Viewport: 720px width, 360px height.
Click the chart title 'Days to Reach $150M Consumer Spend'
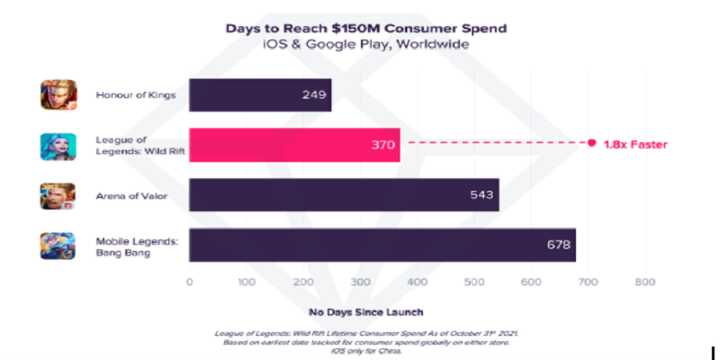pyautogui.click(x=365, y=28)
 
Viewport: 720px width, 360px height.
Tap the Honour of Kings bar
pyautogui.click(x=260, y=95)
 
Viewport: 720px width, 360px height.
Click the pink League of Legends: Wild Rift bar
pyautogui.click(x=294, y=145)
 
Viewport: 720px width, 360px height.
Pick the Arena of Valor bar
pyautogui.click(x=344, y=194)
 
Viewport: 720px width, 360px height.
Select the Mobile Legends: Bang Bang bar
pyautogui.click(x=382, y=244)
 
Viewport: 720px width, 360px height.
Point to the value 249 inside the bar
pyautogui.click(x=314, y=95)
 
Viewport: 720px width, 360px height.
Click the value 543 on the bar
pyautogui.click(x=481, y=194)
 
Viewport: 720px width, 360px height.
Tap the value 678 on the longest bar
pyautogui.click(x=557, y=244)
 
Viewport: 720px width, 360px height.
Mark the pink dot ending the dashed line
pyautogui.click(x=591, y=144)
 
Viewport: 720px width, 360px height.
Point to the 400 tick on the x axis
pyautogui.click(x=417, y=282)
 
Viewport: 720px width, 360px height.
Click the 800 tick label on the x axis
pyautogui.click(x=644, y=282)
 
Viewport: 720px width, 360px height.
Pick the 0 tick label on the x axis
pyautogui.click(x=189, y=282)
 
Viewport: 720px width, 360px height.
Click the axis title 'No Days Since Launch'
pyautogui.click(x=365, y=312)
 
